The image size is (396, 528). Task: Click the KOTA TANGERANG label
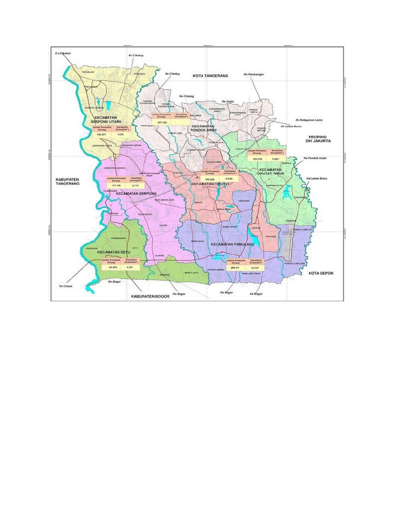coord(210,76)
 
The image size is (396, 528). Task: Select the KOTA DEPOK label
coord(321,273)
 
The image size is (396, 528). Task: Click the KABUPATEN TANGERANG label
coord(69,182)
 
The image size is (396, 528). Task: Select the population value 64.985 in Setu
coord(113,268)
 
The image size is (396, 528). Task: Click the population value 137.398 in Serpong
coord(114,185)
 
